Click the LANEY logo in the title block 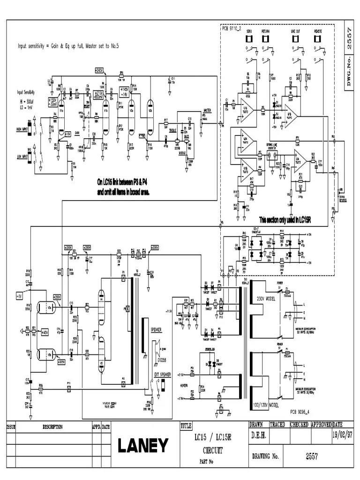(x=142, y=446)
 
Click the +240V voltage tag (x=98, y=70)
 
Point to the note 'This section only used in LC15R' (x=285, y=219)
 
